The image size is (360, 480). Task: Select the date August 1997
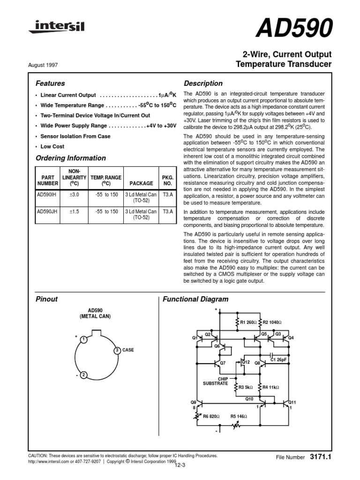44,66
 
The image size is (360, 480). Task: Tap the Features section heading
50,83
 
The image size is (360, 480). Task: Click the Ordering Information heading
71,158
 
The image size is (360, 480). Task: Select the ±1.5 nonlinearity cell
74,211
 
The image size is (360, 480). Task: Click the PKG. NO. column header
167,181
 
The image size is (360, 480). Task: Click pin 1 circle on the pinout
82,339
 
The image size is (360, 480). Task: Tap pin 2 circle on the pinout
82,374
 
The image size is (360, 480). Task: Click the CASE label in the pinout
128,350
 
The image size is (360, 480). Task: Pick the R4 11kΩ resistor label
271,387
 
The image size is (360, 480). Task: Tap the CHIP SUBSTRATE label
215,381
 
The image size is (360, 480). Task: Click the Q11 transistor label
292,402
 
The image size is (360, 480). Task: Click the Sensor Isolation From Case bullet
75,136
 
